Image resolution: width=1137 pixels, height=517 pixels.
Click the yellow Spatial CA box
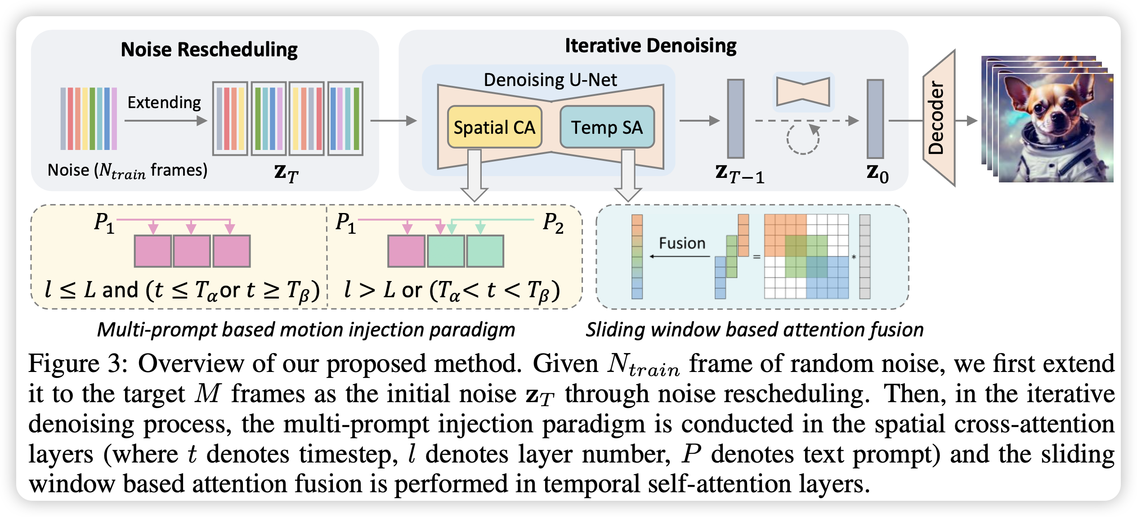pos(495,127)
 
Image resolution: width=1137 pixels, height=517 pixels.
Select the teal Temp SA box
pos(607,127)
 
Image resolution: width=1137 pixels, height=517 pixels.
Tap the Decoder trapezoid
pos(939,118)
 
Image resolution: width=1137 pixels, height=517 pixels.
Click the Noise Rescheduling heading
pos(209,50)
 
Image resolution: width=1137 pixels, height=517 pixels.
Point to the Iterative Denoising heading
pos(651,46)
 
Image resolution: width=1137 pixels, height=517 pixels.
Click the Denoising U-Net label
pos(550,80)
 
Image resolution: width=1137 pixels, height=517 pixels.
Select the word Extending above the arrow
pos(164,103)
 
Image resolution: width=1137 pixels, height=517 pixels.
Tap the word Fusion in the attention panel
pos(682,243)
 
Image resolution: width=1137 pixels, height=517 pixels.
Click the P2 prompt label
pos(553,223)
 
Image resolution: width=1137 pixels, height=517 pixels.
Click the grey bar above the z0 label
pos(875,119)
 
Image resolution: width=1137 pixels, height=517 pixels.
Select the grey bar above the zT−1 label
pos(736,119)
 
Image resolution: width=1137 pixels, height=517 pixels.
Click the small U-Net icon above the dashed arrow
pos(803,91)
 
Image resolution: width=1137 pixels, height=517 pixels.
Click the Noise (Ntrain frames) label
pos(128,171)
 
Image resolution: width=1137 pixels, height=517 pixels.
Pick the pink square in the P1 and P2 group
pos(406,251)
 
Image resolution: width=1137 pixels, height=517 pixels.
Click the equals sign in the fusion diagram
pos(757,257)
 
